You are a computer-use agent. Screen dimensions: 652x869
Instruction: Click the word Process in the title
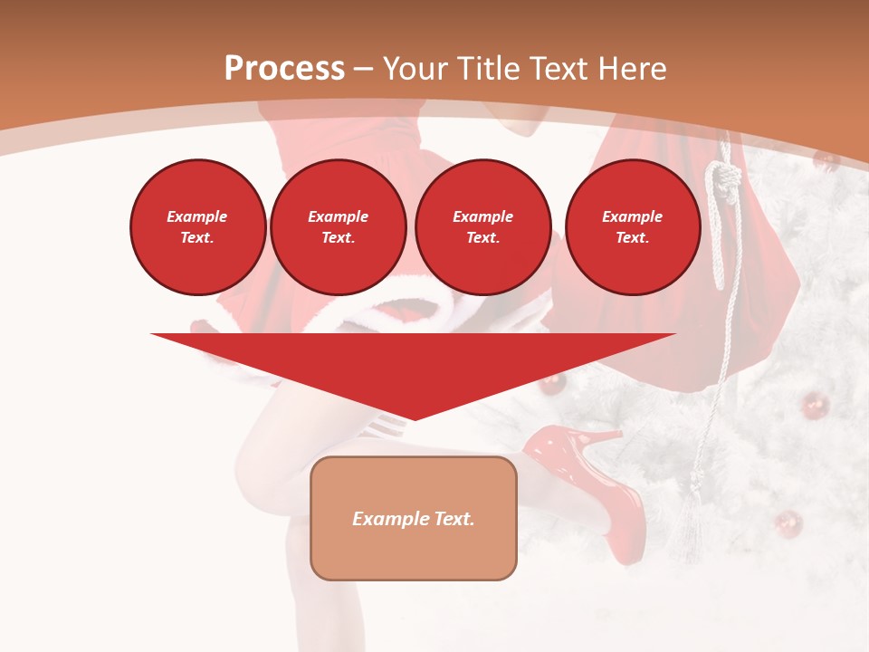pos(284,69)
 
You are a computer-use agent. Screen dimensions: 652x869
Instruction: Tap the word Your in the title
pos(415,69)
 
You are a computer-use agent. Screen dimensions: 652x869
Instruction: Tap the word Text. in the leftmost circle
pos(197,237)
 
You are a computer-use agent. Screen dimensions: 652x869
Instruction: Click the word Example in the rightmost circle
pos(633,216)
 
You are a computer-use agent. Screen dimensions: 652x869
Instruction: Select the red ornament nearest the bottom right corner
pos(788,523)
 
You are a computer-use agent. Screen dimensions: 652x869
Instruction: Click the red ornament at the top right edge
pos(825,160)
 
